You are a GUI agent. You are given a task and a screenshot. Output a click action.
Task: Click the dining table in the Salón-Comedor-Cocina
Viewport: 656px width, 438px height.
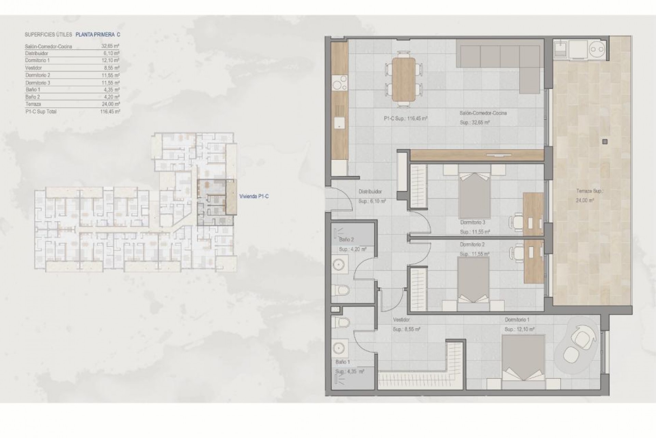tap(404, 79)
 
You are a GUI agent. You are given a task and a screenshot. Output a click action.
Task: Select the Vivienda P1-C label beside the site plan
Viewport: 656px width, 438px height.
tap(254, 196)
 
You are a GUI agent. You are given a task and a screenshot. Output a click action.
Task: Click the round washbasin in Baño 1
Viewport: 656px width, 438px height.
tap(340, 348)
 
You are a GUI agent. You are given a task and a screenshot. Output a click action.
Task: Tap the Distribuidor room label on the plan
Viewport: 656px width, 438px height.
tap(370, 192)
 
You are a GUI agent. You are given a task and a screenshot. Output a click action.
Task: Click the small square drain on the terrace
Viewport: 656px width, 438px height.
tap(605, 141)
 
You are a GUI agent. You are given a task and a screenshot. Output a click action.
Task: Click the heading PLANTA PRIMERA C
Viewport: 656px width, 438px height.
tap(98, 35)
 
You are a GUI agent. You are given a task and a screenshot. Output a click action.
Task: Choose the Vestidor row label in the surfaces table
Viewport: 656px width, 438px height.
tap(33, 68)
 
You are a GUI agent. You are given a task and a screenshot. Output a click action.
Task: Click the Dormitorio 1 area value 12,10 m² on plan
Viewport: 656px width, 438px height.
tap(519, 329)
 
